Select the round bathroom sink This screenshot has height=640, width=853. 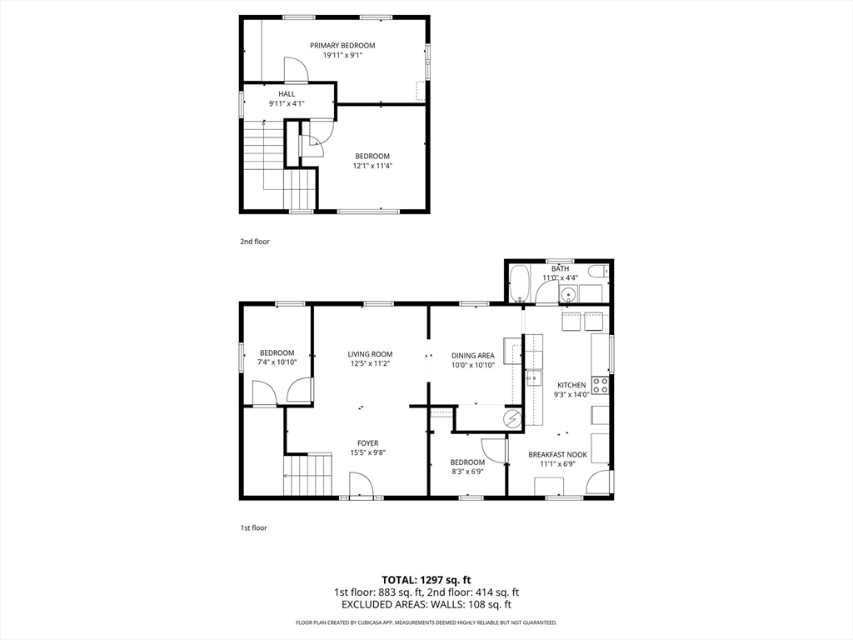pyautogui.click(x=569, y=293)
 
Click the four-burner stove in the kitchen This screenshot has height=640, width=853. pyautogui.click(x=600, y=385)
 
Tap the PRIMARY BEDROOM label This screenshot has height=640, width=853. pyautogui.click(x=342, y=45)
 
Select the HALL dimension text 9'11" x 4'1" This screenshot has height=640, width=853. pyautogui.click(x=287, y=104)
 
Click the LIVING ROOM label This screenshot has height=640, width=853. pyautogui.click(x=370, y=354)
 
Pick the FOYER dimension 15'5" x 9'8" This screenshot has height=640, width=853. pyautogui.click(x=367, y=453)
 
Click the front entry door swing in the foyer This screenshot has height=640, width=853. pyautogui.click(x=361, y=485)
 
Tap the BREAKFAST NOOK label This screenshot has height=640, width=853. pyautogui.click(x=557, y=455)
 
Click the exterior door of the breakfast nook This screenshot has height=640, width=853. pyautogui.click(x=598, y=482)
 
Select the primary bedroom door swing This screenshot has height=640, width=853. pyautogui.click(x=296, y=70)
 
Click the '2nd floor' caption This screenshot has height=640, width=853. pyautogui.click(x=255, y=242)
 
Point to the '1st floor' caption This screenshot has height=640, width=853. pyautogui.click(x=254, y=527)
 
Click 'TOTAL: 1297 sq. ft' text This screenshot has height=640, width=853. pyautogui.click(x=426, y=579)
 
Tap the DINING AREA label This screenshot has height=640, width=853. pyautogui.click(x=472, y=355)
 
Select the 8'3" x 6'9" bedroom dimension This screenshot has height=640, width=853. pyautogui.click(x=467, y=472)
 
